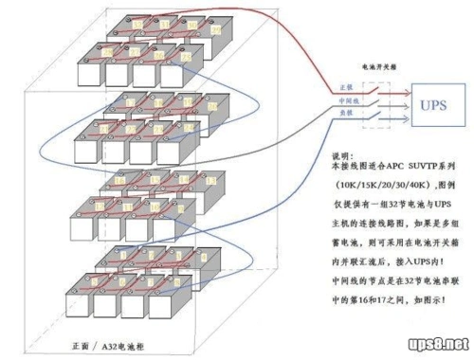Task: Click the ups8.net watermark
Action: click(x=432, y=342)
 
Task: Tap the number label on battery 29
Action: click(x=215, y=30)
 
